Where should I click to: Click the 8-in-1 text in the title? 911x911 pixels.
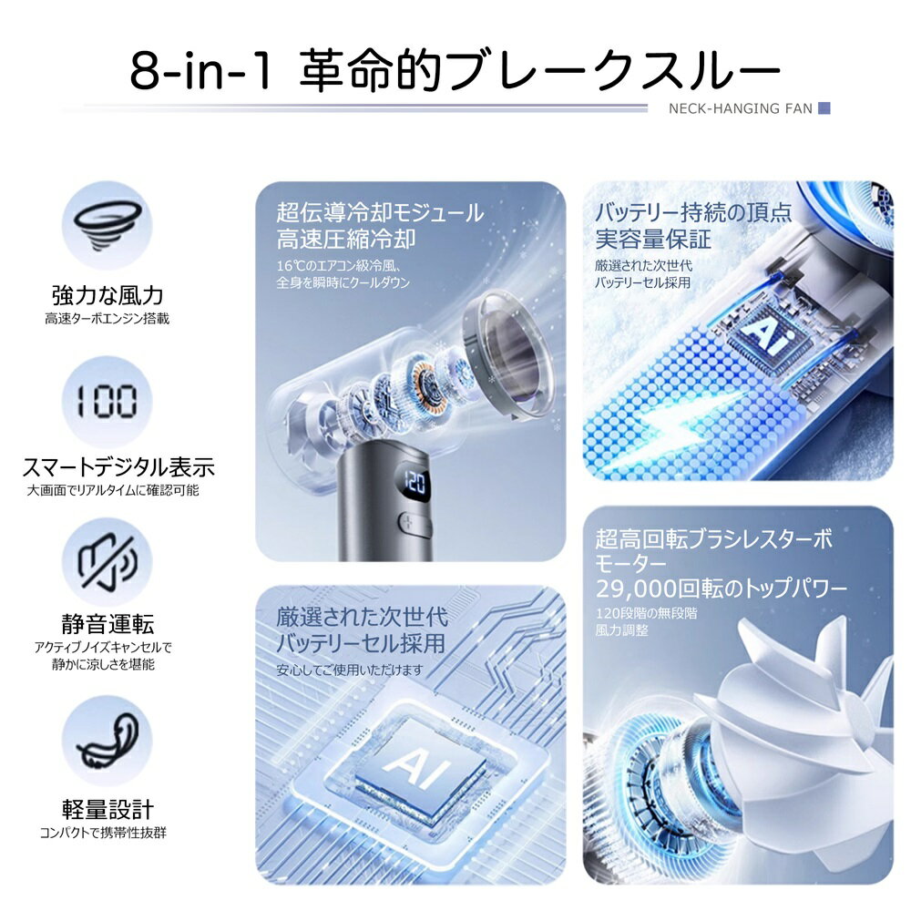click(201, 70)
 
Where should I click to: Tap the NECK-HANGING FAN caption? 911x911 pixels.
click(740, 108)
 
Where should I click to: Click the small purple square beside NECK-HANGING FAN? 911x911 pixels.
click(824, 108)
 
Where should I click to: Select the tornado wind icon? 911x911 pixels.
click(107, 225)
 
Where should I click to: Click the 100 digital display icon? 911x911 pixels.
click(107, 402)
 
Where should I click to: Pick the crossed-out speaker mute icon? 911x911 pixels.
click(107, 562)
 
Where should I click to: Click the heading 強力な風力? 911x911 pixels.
click(107, 295)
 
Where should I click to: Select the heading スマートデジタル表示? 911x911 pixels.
click(118, 467)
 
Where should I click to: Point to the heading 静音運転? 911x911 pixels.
click(107, 624)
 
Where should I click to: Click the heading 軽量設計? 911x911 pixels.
click(107, 809)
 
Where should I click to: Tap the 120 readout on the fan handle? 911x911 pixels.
click(415, 482)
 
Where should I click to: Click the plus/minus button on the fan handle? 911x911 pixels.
click(414, 522)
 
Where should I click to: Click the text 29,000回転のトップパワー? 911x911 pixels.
click(722, 589)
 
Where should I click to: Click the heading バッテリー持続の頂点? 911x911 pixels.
click(693, 212)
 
